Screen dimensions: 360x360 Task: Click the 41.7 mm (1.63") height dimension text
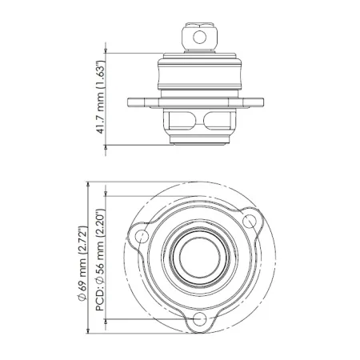(102, 98)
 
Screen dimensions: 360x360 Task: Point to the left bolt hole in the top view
(144, 235)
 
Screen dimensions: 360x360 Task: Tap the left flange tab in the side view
(139, 102)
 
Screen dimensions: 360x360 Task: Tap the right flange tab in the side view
(253, 102)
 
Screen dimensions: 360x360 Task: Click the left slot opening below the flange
(182, 121)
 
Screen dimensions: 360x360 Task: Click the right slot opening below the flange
(214, 121)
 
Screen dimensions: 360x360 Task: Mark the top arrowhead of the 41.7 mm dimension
(107, 55)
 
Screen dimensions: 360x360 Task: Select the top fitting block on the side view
(198, 36)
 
